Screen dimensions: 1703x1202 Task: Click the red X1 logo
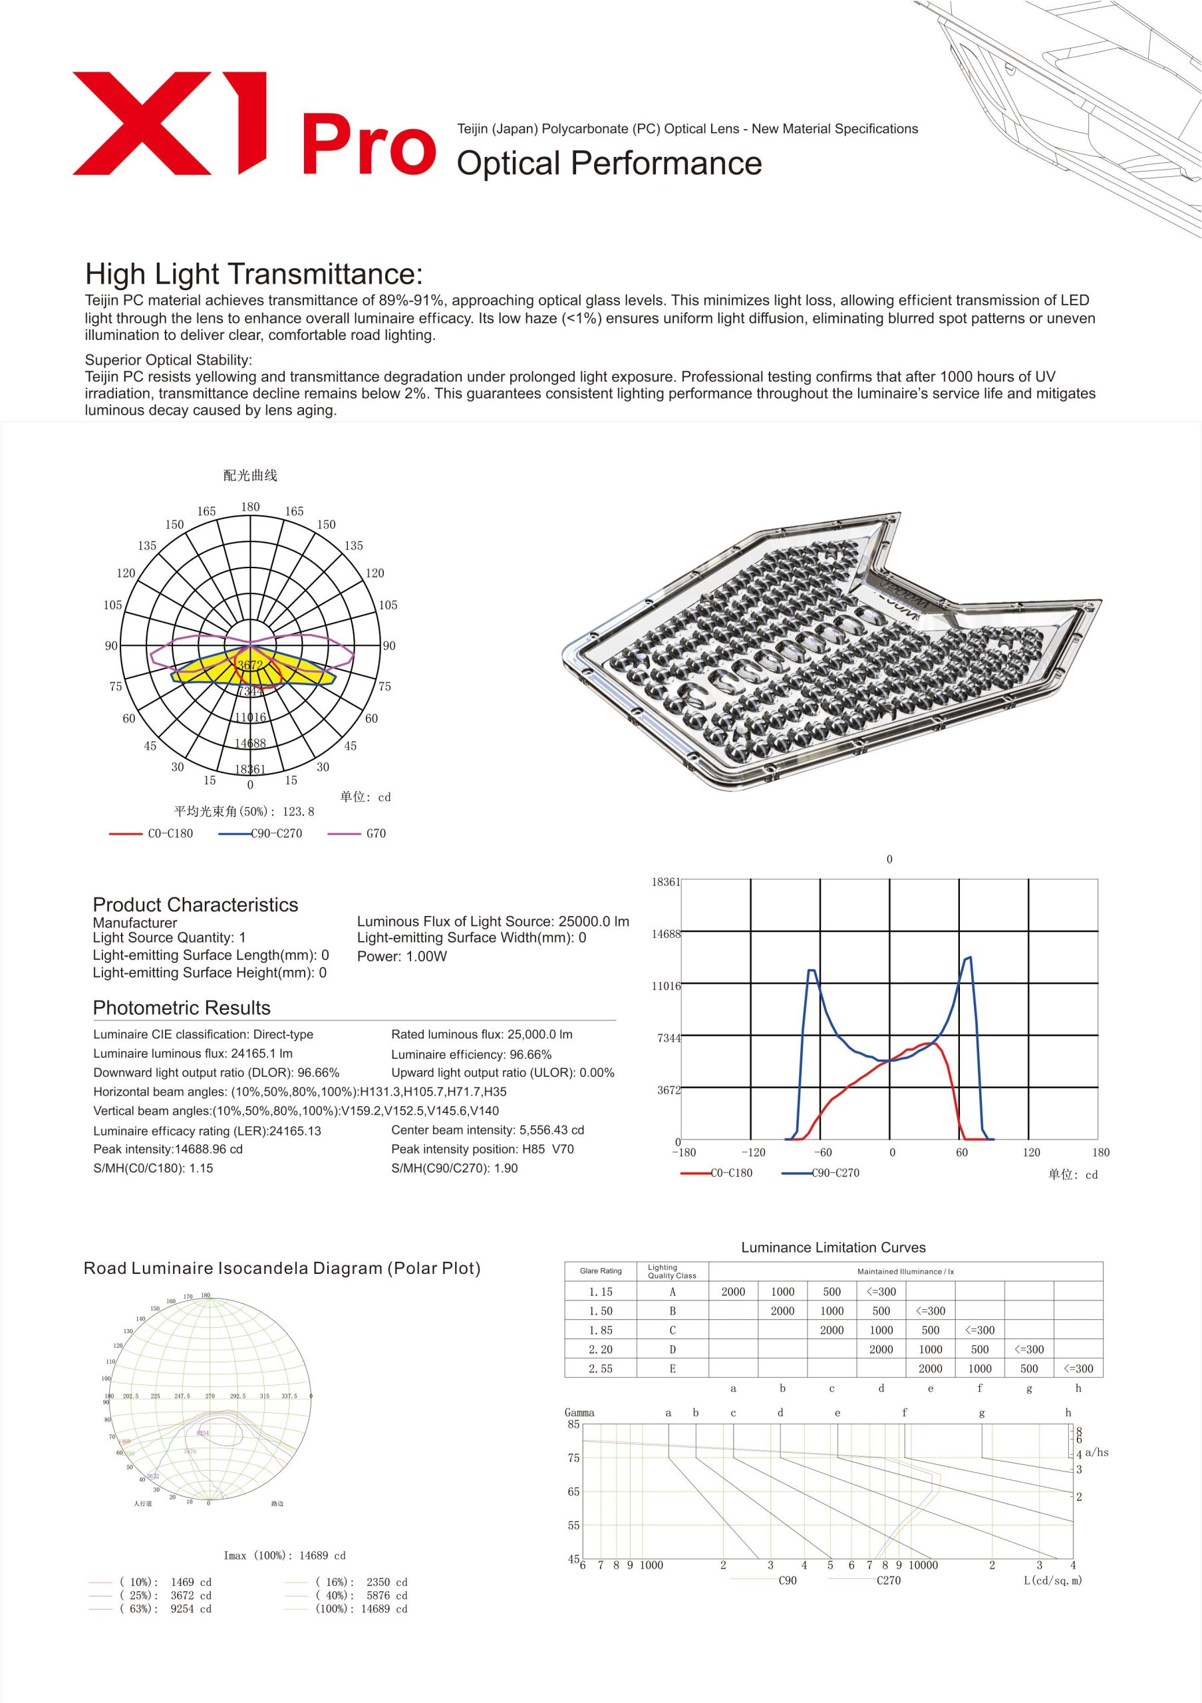pos(169,123)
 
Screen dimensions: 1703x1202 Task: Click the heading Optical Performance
pos(609,163)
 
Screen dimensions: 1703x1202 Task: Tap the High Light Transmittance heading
pos(253,273)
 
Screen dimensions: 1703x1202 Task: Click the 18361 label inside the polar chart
pos(250,769)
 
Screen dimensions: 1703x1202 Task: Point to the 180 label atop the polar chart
pos(251,507)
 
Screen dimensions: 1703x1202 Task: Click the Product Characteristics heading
pos(195,905)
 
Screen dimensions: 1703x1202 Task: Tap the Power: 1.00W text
pos(402,956)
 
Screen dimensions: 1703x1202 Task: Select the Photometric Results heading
pos(182,1008)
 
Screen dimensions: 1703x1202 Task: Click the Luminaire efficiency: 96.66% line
pos(472,1054)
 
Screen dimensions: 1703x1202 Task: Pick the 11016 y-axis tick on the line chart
pos(666,986)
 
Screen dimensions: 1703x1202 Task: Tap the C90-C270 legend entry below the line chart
pos(835,1173)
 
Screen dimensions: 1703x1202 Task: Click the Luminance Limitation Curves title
pos(833,1247)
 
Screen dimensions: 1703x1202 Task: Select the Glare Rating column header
pos(601,1271)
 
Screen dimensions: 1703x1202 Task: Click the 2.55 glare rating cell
pos(601,1368)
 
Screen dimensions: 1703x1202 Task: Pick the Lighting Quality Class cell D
pos(673,1349)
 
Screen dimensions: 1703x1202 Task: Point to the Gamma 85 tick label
pos(573,1424)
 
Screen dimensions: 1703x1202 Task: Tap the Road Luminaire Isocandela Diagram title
pos(282,1269)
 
